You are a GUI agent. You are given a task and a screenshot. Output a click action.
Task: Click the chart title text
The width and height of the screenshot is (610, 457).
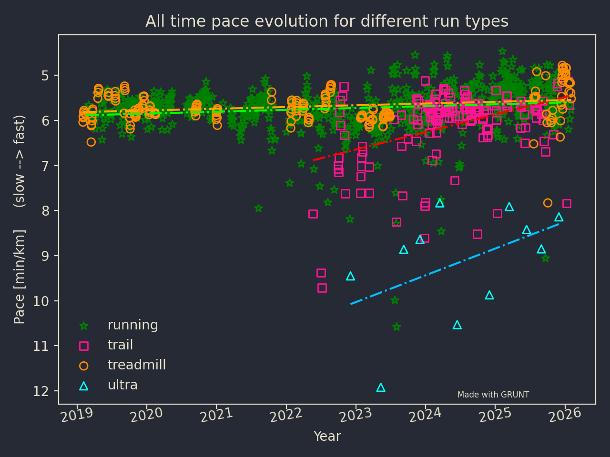click(x=327, y=21)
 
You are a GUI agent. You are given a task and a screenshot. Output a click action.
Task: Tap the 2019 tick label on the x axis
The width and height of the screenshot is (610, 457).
click(x=77, y=415)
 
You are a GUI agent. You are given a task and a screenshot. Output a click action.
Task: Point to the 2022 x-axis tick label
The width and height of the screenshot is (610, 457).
click(x=286, y=415)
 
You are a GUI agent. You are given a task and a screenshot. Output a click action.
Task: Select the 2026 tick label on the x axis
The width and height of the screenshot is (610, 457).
click(x=565, y=415)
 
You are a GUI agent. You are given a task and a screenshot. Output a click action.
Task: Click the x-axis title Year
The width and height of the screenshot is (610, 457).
click(x=327, y=436)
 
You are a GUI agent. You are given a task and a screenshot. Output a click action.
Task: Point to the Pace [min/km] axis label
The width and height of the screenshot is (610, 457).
click(x=20, y=276)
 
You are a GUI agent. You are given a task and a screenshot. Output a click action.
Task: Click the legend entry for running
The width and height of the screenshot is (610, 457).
click(x=132, y=325)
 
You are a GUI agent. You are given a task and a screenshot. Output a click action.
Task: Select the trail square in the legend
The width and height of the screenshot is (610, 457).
click(x=84, y=346)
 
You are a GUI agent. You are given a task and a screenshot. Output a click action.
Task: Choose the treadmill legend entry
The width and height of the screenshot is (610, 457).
click(x=136, y=365)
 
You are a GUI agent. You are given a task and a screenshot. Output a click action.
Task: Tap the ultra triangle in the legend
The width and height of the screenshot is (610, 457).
click(x=84, y=386)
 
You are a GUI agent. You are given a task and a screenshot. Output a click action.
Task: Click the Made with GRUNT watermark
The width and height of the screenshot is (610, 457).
click(x=493, y=395)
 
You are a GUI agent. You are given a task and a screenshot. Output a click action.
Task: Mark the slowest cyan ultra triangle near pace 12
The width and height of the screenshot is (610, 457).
click(x=381, y=387)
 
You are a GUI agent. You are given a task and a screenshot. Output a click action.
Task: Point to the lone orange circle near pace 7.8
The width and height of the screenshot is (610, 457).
click(x=548, y=203)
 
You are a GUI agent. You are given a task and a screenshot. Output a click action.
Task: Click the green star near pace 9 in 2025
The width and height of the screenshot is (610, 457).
click(x=546, y=258)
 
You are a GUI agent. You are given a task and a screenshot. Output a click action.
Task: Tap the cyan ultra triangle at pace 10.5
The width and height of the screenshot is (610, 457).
click(x=457, y=325)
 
